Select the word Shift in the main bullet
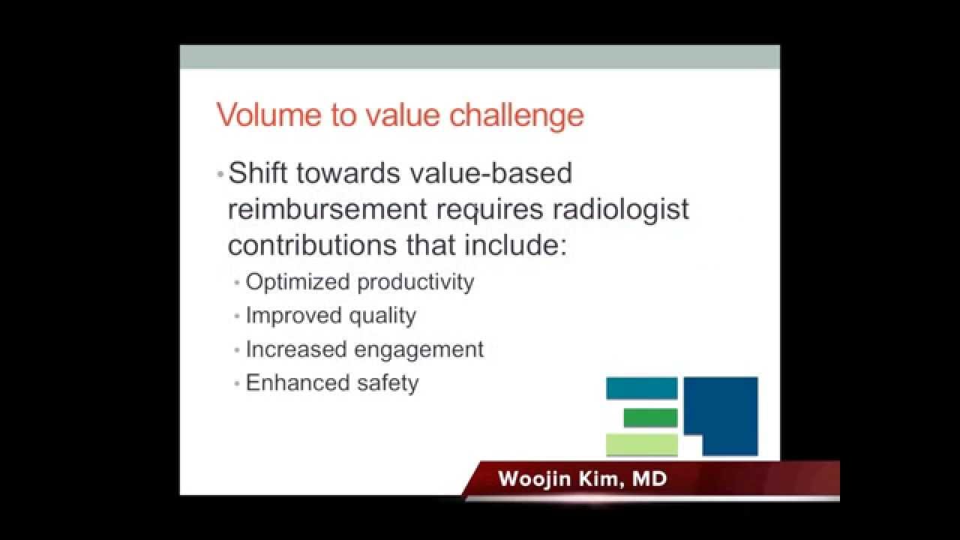pos(257,173)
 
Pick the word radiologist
pos(620,209)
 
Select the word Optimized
pos(298,282)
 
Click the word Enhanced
pos(296,383)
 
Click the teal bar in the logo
pos(641,388)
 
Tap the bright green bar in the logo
pos(650,417)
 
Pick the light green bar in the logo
pos(641,445)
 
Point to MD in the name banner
pos(649,479)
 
